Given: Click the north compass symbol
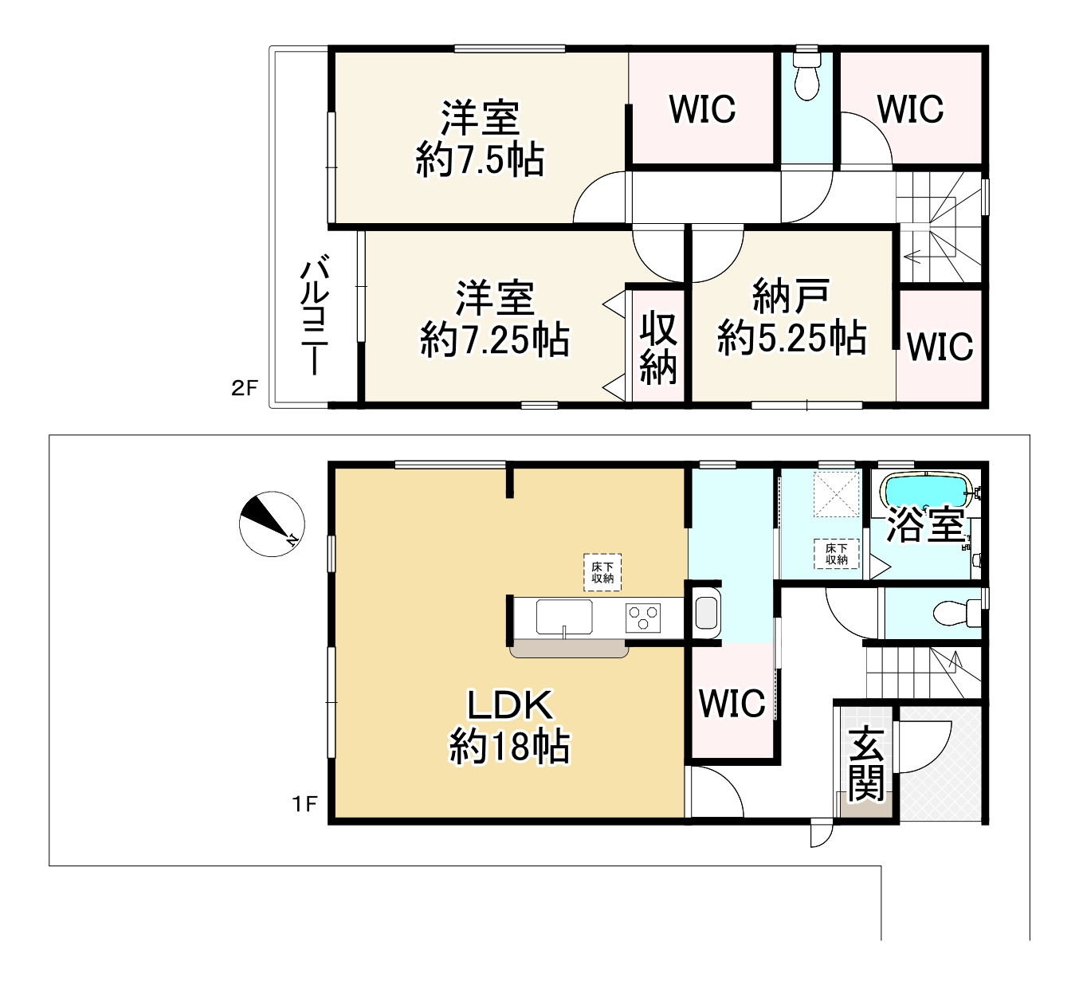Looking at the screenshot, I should pyautogui.click(x=269, y=524).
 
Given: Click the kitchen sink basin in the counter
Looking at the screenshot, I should pyautogui.click(x=564, y=616).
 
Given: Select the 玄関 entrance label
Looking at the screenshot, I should pyautogui.click(x=865, y=763).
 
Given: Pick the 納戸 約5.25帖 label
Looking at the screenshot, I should pyautogui.click(x=791, y=319).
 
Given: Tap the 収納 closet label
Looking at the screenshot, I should pyautogui.click(x=659, y=348).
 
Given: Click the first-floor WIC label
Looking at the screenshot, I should pyautogui.click(x=732, y=703).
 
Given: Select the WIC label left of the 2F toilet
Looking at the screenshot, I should pyautogui.click(x=702, y=110).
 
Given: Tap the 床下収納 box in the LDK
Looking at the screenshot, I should pyautogui.click(x=602, y=572).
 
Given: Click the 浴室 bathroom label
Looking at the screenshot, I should pyautogui.click(x=926, y=525).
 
